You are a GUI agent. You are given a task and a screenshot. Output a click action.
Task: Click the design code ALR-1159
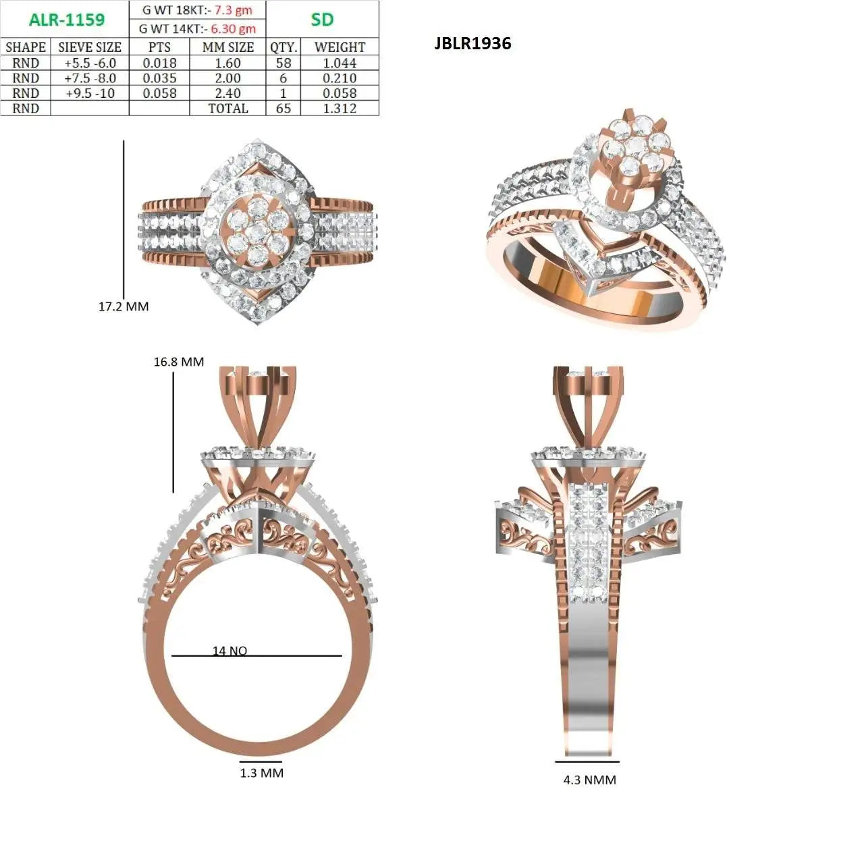pos(66,20)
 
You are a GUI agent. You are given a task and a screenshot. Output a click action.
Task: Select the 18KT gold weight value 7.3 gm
pos(232,10)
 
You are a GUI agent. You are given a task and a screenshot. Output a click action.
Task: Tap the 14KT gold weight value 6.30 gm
pos(233,29)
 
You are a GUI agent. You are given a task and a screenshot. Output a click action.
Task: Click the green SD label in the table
pos(322,20)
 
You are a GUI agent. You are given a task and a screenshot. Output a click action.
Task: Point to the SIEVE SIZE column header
pos(90,47)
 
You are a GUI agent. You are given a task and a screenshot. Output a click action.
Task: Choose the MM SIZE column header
pos(227,47)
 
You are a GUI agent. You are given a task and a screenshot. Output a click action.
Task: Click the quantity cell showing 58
pos(283,63)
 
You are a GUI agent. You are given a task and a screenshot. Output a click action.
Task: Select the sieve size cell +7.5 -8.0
pos(90,78)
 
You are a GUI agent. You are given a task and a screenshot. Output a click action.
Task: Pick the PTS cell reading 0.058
pos(159,93)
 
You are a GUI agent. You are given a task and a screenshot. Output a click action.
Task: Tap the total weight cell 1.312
pos(340,109)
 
